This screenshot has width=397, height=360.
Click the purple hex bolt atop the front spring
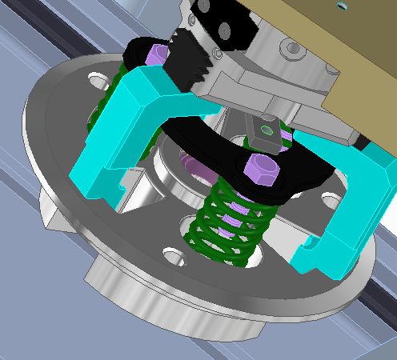pos(260,170)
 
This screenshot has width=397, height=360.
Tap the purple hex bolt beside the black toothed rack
pos(158,56)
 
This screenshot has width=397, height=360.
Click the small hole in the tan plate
pos(343,6)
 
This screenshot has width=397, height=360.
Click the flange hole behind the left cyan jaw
pos(98,82)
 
